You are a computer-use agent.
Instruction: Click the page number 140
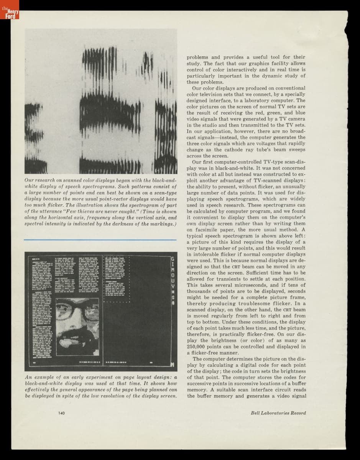click(x=61, y=413)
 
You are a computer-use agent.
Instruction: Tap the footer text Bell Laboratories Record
click(x=278, y=413)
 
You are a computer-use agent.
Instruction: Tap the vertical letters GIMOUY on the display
click(x=173, y=276)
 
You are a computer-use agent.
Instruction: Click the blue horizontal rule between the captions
click(x=100, y=240)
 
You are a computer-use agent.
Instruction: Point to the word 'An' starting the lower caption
click(x=28, y=377)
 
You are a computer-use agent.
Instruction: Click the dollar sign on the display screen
click(x=173, y=297)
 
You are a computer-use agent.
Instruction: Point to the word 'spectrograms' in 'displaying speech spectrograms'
click(x=230, y=199)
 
